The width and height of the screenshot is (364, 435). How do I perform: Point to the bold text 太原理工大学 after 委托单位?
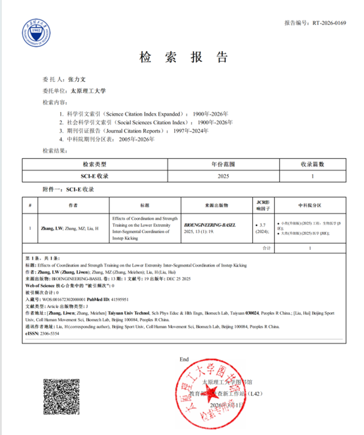(88, 91)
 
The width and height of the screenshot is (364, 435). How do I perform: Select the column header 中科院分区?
(310, 205)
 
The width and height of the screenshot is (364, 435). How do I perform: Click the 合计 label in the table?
(267, 248)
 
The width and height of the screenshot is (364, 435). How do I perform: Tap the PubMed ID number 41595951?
(119, 300)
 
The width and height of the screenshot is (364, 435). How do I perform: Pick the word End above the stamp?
(184, 359)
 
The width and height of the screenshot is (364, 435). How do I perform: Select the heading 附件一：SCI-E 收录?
(68, 189)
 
